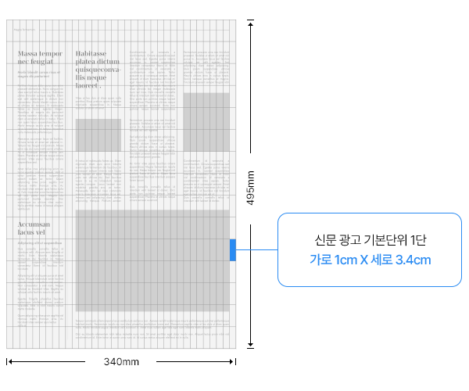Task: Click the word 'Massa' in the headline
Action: pos(29,53)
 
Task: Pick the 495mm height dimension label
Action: pos(251,188)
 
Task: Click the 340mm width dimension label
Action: pos(120,362)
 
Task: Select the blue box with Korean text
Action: pos(369,249)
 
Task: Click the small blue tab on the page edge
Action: pos(233,250)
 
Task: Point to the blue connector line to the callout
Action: pos(256,250)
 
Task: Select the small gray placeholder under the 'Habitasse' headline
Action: pos(98,134)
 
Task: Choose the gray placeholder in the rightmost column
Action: pos(206,120)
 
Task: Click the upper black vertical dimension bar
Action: pos(251,85)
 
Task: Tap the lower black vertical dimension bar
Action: pos(251,286)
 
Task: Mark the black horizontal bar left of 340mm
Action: pos(45,361)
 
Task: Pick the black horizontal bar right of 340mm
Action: pos(196,361)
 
